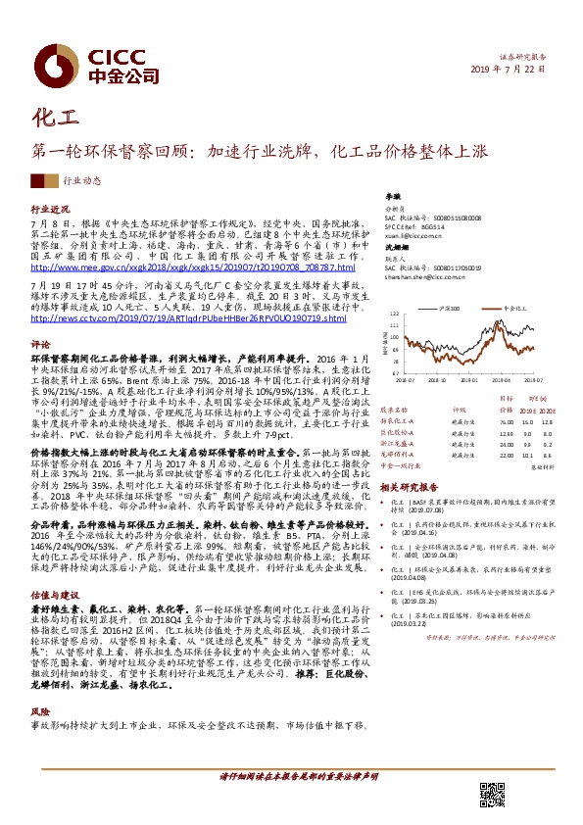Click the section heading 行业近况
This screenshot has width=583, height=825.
tap(50, 211)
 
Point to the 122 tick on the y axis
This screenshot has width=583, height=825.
tap(394, 315)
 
